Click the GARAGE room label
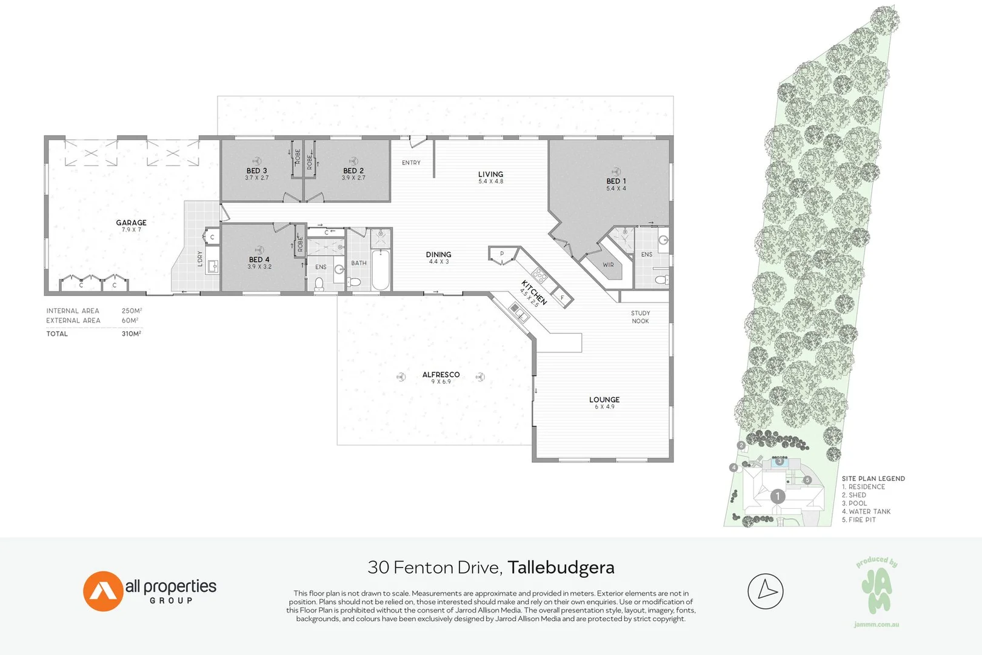(x=131, y=223)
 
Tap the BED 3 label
(x=256, y=171)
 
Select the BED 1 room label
(x=616, y=181)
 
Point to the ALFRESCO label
(x=441, y=375)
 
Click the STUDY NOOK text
(x=640, y=317)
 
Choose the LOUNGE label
(x=604, y=400)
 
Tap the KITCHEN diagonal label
(x=534, y=292)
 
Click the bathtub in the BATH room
(x=381, y=270)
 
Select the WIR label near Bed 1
(x=608, y=265)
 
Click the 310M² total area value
(x=131, y=334)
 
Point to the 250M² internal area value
(x=131, y=311)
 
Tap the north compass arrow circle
(x=766, y=591)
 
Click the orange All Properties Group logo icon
(x=102, y=591)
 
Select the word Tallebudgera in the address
(x=561, y=568)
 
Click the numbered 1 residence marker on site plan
(x=778, y=497)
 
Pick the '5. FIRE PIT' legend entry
(x=858, y=520)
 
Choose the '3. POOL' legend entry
(x=854, y=503)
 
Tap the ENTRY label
(x=411, y=163)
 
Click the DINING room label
(x=438, y=255)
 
